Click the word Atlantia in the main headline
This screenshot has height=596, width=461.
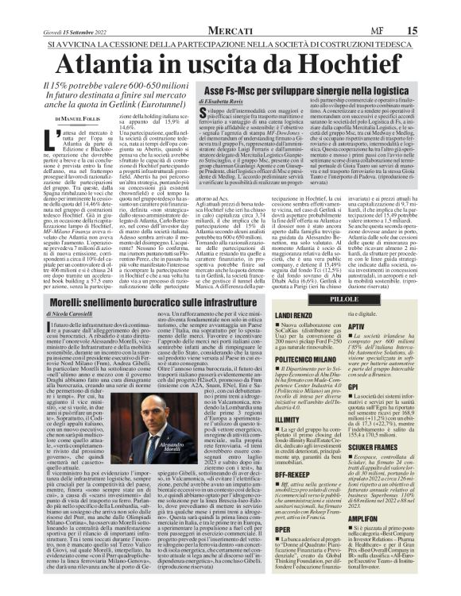(x=118, y=63)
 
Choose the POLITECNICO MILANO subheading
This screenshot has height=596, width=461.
(x=331, y=357)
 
